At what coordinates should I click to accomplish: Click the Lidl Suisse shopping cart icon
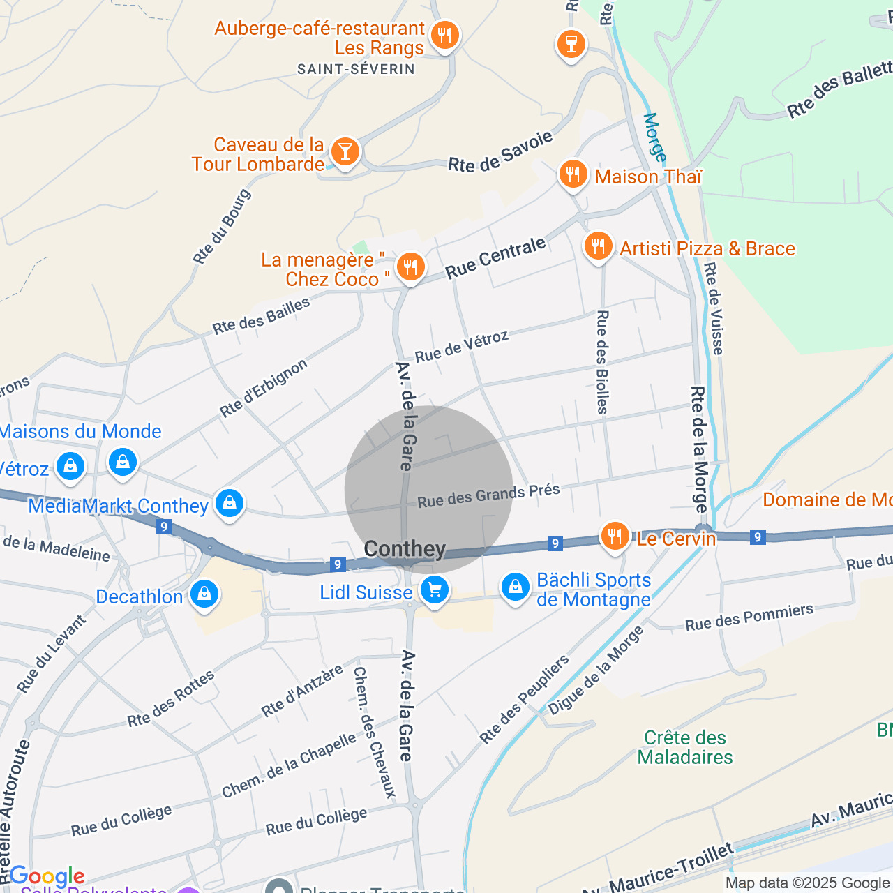[435, 591]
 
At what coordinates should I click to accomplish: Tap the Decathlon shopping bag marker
[204, 594]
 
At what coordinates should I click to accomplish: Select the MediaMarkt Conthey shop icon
[230, 503]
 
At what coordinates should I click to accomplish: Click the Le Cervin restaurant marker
[615, 536]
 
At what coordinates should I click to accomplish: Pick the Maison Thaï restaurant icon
[573, 174]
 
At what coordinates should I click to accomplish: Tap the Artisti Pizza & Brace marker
[598, 246]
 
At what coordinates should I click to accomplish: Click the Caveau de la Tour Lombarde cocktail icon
[345, 151]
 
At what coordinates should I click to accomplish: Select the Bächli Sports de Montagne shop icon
[516, 587]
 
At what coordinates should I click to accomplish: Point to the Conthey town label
[405, 549]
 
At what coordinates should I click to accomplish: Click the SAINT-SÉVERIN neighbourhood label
[356, 69]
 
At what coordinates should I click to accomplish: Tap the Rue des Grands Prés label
[488, 495]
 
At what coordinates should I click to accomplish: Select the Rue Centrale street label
[495, 258]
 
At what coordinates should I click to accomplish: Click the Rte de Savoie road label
[500, 151]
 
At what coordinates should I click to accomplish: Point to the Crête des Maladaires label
[685, 747]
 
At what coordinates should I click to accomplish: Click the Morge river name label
[654, 137]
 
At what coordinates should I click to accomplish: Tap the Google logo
[47, 876]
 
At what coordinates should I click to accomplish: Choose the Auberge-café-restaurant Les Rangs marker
[444, 35]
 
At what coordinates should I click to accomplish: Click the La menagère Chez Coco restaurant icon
[410, 267]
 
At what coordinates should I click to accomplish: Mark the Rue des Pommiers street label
[749, 617]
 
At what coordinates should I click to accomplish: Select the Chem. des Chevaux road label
[374, 732]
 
